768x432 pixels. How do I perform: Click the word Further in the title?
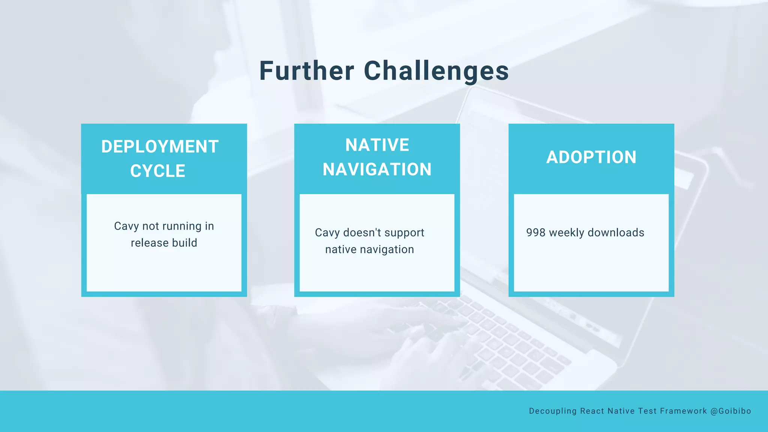click(x=306, y=71)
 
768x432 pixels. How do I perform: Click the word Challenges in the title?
click(x=436, y=71)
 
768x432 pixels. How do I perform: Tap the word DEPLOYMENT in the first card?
click(x=160, y=147)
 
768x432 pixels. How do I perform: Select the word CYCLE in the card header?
click(x=158, y=171)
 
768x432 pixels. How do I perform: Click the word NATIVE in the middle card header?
click(x=377, y=145)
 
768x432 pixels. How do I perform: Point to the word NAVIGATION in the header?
click(x=377, y=169)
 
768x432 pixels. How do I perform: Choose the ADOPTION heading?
click(x=591, y=157)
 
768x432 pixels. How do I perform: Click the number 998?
click(x=535, y=232)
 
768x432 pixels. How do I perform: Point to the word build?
click(x=184, y=243)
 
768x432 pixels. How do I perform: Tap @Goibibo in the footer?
click(x=731, y=411)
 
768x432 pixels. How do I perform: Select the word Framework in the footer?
click(x=683, y=411)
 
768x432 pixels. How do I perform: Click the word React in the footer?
click(x=592, y=411)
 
